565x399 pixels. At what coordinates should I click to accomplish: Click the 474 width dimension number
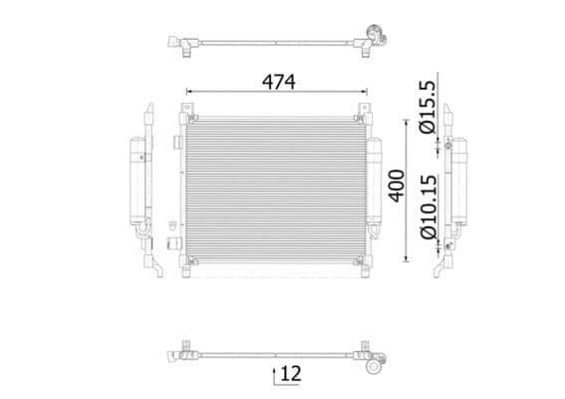pos(279,82)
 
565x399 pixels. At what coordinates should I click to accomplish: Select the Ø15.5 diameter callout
pos(425,109)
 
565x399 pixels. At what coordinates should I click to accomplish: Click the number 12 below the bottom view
pos(291,374)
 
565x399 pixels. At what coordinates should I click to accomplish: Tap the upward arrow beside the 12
pos(275,375)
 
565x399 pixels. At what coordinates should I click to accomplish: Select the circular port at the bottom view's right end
pos(375,366)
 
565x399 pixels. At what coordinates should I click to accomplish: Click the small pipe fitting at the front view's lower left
pos(172,242)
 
